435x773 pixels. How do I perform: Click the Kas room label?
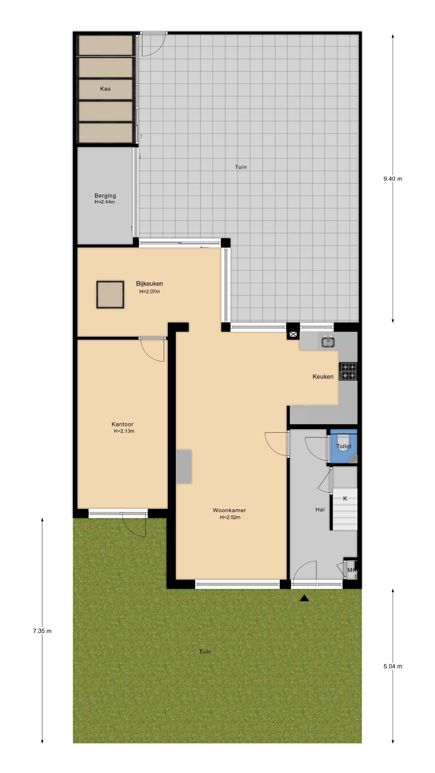point(105,89)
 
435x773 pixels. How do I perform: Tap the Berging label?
point(105,196)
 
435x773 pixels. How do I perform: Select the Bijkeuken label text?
point(149,284)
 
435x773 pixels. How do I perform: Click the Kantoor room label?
point(122,424)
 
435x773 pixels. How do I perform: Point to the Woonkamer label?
point(229,510)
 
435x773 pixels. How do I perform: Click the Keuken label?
point(323,377)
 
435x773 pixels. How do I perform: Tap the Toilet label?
point(344,446)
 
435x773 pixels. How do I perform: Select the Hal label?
point(320,509)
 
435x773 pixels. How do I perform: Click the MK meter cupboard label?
point(351,570)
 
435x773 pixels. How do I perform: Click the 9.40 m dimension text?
point(392,179)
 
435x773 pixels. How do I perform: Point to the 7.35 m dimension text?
point(42,631)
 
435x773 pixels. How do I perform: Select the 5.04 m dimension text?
point(392,666)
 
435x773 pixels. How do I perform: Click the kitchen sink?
point(328,342)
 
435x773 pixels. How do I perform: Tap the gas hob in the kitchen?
point(348,371)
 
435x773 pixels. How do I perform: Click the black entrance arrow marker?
point(304,598)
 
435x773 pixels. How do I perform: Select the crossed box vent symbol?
point(293,334)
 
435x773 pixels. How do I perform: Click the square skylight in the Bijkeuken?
point(110,294)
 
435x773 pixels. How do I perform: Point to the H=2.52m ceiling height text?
point(230,517)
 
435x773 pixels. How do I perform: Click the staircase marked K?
point(345,509)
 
